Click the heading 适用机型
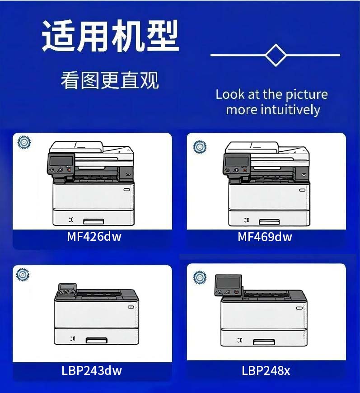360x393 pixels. coord(110,35)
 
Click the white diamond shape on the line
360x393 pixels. coord(276,55)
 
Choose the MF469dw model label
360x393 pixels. coord(265,237)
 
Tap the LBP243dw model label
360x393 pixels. coord(92,371)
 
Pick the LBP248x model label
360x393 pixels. coord(266,371)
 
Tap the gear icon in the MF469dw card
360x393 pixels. coord(199,147)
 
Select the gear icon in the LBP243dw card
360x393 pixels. coord(22,274)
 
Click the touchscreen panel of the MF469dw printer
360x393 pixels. coord(236,161)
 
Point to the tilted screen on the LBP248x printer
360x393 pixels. coord(228,283)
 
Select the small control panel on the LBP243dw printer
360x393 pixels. coord(66,289)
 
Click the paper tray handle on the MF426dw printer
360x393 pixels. coord(94,221)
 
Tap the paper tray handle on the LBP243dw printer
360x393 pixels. coord(96,339)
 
